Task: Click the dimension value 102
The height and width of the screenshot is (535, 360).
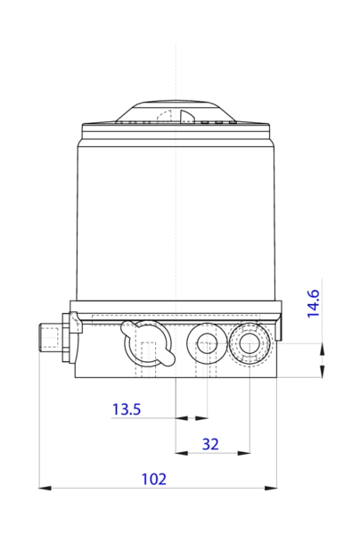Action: pyautogui.click(x=154, y=479)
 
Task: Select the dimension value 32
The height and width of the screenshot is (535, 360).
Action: pyautogui.click(x=210, y=443)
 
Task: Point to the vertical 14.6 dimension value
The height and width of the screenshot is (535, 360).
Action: pyautogui.click(x=314, y=303)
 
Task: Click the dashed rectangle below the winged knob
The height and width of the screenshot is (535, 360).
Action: pyautogui.click(x=137, y=369)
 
